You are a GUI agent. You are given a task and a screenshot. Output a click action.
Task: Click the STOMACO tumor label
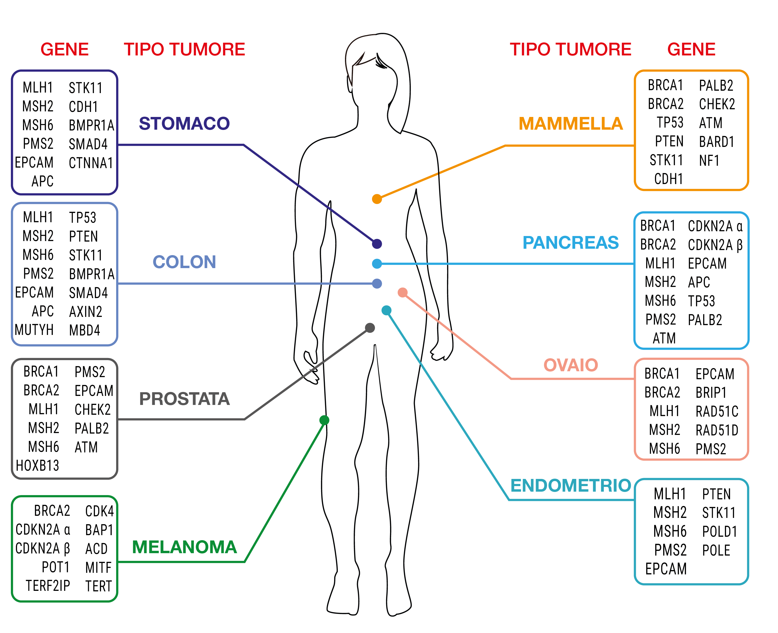click(184, 124)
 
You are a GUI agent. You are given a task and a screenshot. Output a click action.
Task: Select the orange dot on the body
click(377, 199)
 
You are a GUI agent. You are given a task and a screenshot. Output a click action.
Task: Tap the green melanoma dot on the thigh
click(324, 420)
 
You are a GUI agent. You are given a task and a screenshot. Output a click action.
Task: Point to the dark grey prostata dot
click(370, 328)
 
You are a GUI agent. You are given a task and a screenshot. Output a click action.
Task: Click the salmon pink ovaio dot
click(403, 293)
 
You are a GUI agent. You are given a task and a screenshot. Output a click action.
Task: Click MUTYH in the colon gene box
click(34, 330)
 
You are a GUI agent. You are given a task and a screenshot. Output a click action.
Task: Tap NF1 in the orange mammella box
click(709, 160)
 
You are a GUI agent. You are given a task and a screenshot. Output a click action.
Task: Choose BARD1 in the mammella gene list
click(716, 142)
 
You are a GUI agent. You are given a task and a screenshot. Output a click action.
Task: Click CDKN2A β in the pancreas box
click(715, 245)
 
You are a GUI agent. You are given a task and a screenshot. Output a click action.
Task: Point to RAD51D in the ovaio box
click(717, 430)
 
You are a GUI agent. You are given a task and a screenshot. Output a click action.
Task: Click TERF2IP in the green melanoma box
click(48, 586)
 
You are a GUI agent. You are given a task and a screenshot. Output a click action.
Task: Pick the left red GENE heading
click(64, 49)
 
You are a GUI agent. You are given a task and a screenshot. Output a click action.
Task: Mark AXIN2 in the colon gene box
click(86, 312)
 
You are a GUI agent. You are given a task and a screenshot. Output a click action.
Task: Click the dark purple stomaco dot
click(377, 243)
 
